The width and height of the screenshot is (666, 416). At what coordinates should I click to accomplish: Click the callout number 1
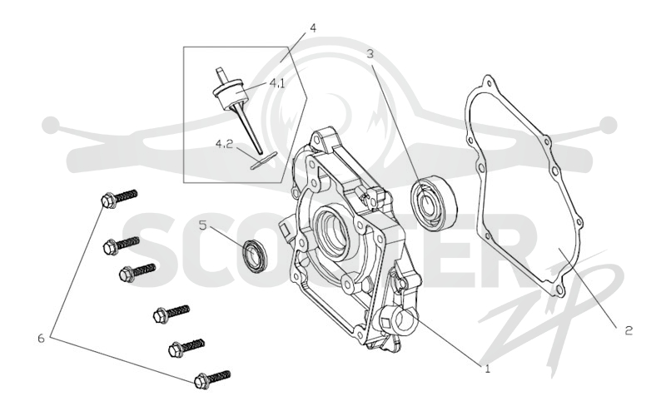[x=487, y=369]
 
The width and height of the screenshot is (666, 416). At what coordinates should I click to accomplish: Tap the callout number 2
[x=629, y=330]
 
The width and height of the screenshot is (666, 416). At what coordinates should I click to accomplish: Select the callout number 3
[x=370, y=54]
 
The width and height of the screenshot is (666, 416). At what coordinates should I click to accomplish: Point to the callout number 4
[x=313, y=28]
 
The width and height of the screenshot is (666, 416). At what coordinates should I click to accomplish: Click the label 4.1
[x=277, y=83]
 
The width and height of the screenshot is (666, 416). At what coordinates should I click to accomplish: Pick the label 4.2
[x=224, y=144]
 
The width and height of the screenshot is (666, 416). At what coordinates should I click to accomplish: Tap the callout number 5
[x=202, y=225]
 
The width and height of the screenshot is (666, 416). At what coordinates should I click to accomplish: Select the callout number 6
[x=41, y=339]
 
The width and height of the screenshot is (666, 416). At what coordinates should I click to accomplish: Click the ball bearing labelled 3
[x=434, y=202]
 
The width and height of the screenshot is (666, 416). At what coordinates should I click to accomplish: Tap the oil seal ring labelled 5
[x=255, y=255]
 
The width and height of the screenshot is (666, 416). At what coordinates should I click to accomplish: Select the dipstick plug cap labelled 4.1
[x=230, y=92]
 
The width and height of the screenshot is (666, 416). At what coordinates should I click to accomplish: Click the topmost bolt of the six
[x=119, y=199]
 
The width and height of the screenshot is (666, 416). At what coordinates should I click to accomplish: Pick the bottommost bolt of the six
[x=212, y=380]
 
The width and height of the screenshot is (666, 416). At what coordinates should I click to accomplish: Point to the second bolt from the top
[x=122, y=245]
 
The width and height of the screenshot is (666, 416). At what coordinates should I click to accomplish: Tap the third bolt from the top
[x=137, y=273]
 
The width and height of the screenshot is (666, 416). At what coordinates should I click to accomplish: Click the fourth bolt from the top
[x=171, y=314]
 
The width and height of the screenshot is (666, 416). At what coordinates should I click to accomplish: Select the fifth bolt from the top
[x=186, y=348]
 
